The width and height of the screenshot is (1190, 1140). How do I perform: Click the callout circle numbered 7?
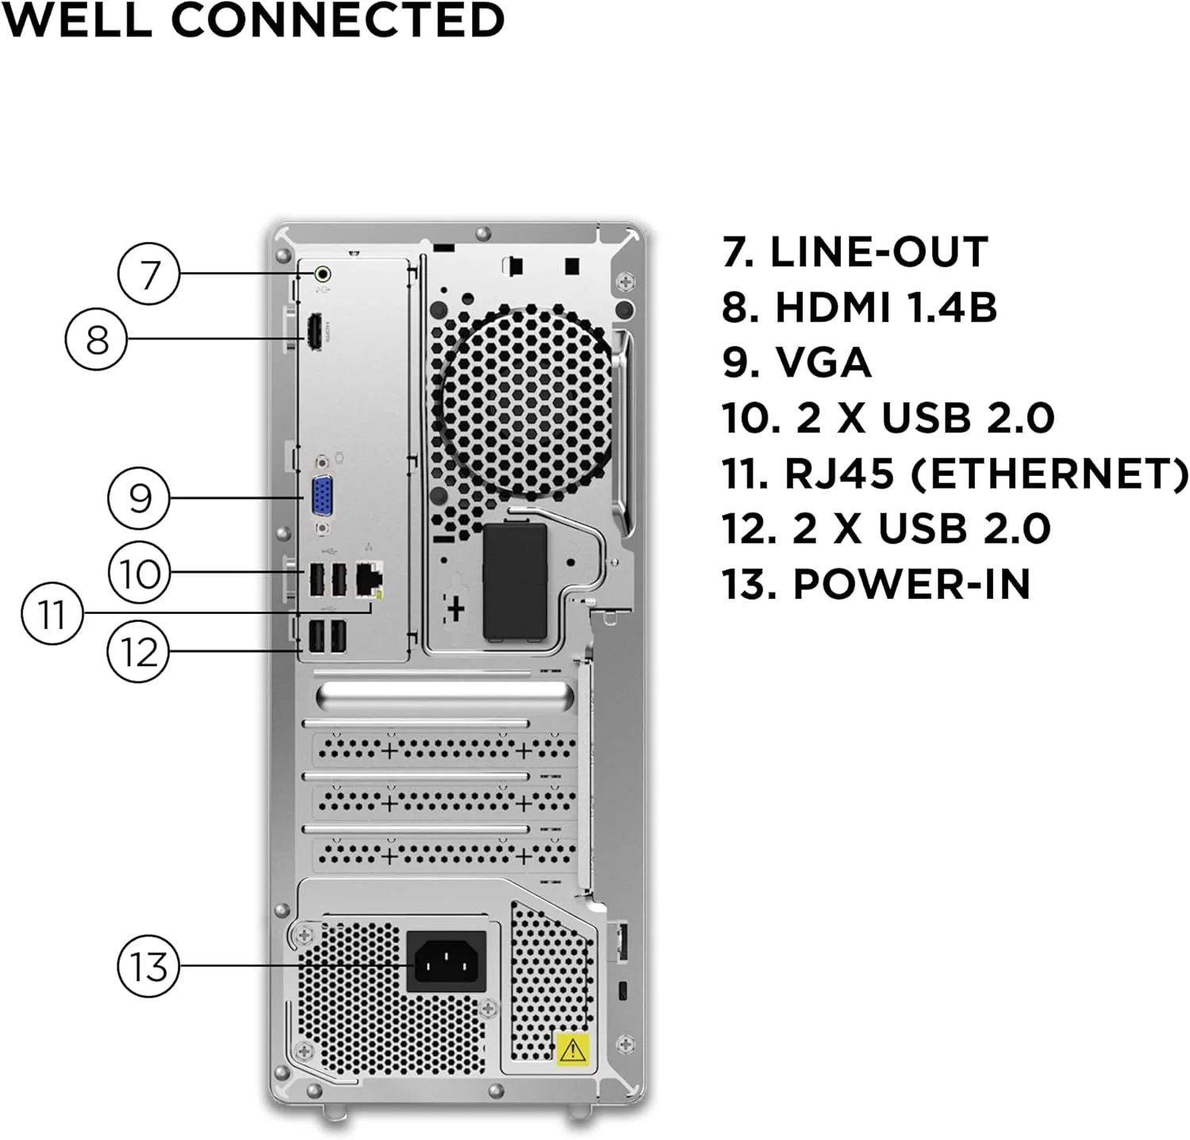[148, 274]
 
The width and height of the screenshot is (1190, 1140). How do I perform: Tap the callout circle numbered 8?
[96, 340]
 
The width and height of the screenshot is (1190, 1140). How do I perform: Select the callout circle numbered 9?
[140, 498]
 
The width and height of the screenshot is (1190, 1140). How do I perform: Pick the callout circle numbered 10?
[140, 573]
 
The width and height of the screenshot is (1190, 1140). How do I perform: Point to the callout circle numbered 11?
[52, 613]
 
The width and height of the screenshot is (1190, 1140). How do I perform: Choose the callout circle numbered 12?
[139, 652]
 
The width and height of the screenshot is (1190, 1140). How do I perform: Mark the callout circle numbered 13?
[148, 966]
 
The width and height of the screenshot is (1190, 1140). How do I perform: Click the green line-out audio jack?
[322, 274]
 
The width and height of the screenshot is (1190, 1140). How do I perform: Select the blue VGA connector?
[322, 497]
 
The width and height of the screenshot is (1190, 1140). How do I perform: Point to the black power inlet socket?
[446, 962]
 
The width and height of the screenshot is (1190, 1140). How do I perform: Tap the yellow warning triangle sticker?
[572, 1050]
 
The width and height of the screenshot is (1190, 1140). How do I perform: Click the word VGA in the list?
[823, 363]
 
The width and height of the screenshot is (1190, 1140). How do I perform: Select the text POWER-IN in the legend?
[912, 585]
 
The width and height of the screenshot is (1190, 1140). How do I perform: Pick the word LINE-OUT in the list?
[879, 252]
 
